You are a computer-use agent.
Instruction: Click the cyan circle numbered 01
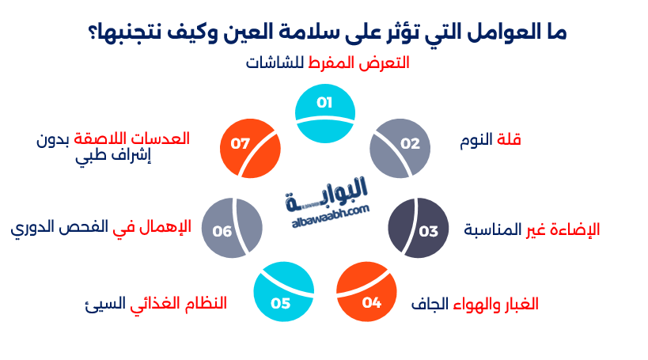pyautogui.click(x=324, y=114)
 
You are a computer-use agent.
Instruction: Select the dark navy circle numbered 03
pyautogui.click(x=419, y=229)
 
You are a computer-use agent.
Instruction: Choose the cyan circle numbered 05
pyautogui.click(x=283, y=292)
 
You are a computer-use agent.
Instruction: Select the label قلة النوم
pyautogui.click(x=491, y=140)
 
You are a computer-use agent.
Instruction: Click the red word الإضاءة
pyautogui.click(x=576, y=230)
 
